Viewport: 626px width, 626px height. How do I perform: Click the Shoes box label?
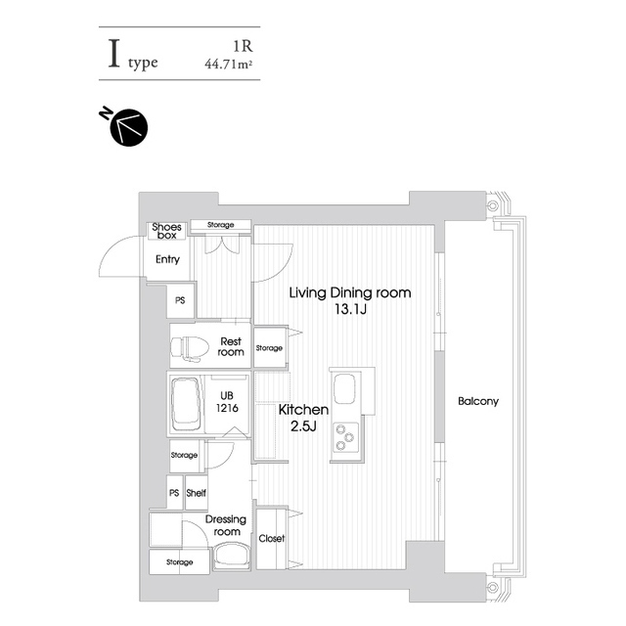tap(167, 231)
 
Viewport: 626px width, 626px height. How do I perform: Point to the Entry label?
tap(167, 259)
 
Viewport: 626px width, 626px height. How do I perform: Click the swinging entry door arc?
tap(115, 258)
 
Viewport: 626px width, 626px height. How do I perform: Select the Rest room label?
tap(231, 346)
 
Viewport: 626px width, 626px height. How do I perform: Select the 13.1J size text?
tap(349, 310)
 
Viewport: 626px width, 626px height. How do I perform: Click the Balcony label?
tap(478, 401)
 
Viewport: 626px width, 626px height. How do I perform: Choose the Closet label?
tap(272, 539)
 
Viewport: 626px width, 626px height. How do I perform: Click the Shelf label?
tap(196, 494)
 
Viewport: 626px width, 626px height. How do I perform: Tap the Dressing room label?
tap(227, 525)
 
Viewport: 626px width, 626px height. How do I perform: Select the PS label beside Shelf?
tap(173, 494)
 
